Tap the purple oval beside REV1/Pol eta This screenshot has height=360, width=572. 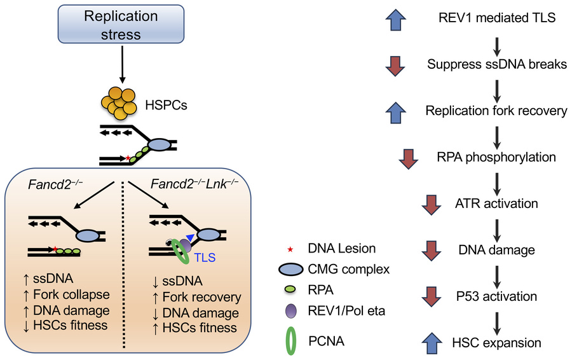tap(292, 312)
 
